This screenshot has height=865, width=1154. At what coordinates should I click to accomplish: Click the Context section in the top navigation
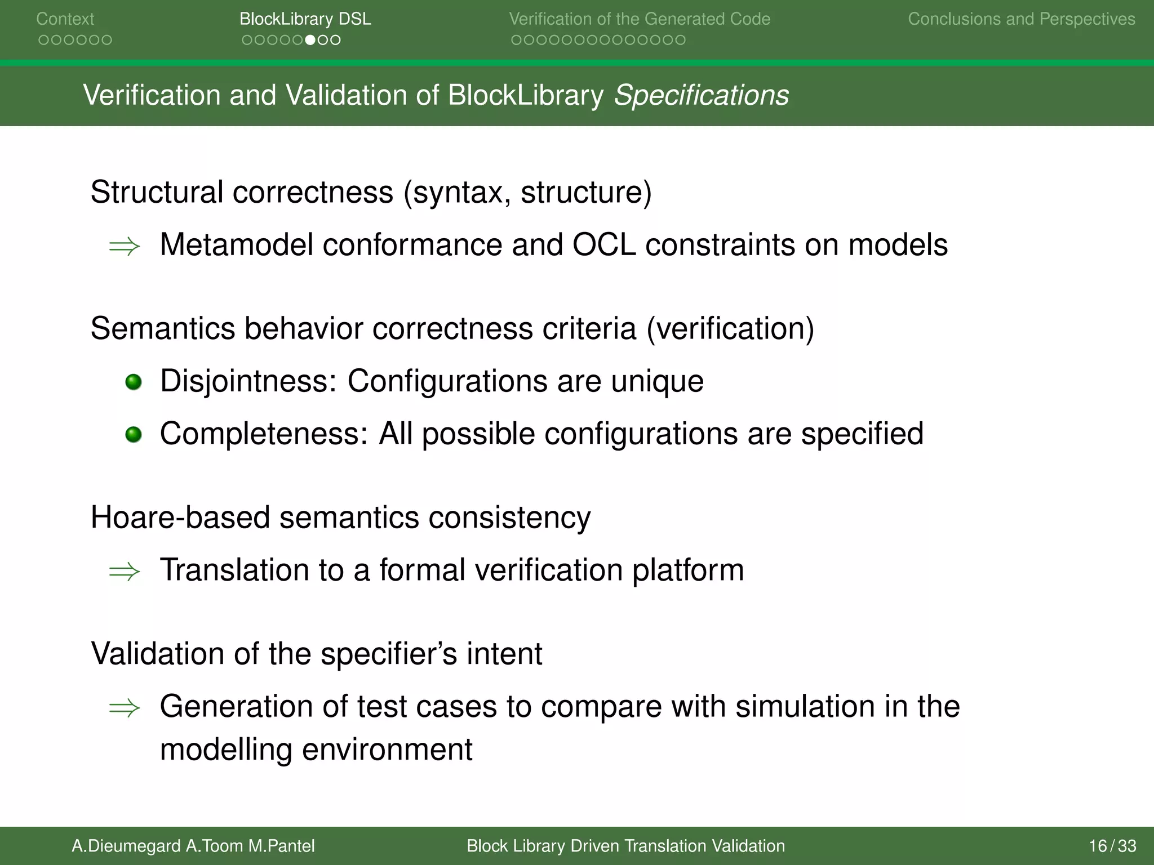tap(65, 19)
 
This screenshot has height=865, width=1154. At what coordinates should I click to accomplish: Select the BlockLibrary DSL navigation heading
tap(305, 19)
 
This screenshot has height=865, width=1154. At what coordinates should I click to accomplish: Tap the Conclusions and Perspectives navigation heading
tap(1021, 19)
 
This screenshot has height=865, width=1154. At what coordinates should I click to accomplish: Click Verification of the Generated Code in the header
tap(640, 19)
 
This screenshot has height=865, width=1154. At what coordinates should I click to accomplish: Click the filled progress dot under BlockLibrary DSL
tap(310, 40)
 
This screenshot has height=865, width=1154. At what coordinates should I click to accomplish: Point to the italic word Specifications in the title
tap(701, 95)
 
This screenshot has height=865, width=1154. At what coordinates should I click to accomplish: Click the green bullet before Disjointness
tap(134, 382)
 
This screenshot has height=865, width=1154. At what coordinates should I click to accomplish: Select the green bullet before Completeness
tap(134, 435)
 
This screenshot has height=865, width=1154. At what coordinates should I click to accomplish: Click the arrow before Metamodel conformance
tap(125, 246)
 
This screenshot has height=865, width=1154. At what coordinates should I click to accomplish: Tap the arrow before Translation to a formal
tap(125, 572)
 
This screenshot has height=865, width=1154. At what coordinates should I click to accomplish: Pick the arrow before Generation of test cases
tap(125, 708)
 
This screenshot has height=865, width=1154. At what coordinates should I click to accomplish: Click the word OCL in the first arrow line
tap(603, 245)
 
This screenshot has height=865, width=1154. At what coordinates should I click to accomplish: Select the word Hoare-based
tap(180, 517)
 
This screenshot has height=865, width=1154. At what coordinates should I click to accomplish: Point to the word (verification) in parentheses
tap(730, 328)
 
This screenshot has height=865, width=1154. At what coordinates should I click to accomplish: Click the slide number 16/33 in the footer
tap(1112, 846)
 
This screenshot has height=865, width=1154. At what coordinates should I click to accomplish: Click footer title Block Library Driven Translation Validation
tap(625, 846)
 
